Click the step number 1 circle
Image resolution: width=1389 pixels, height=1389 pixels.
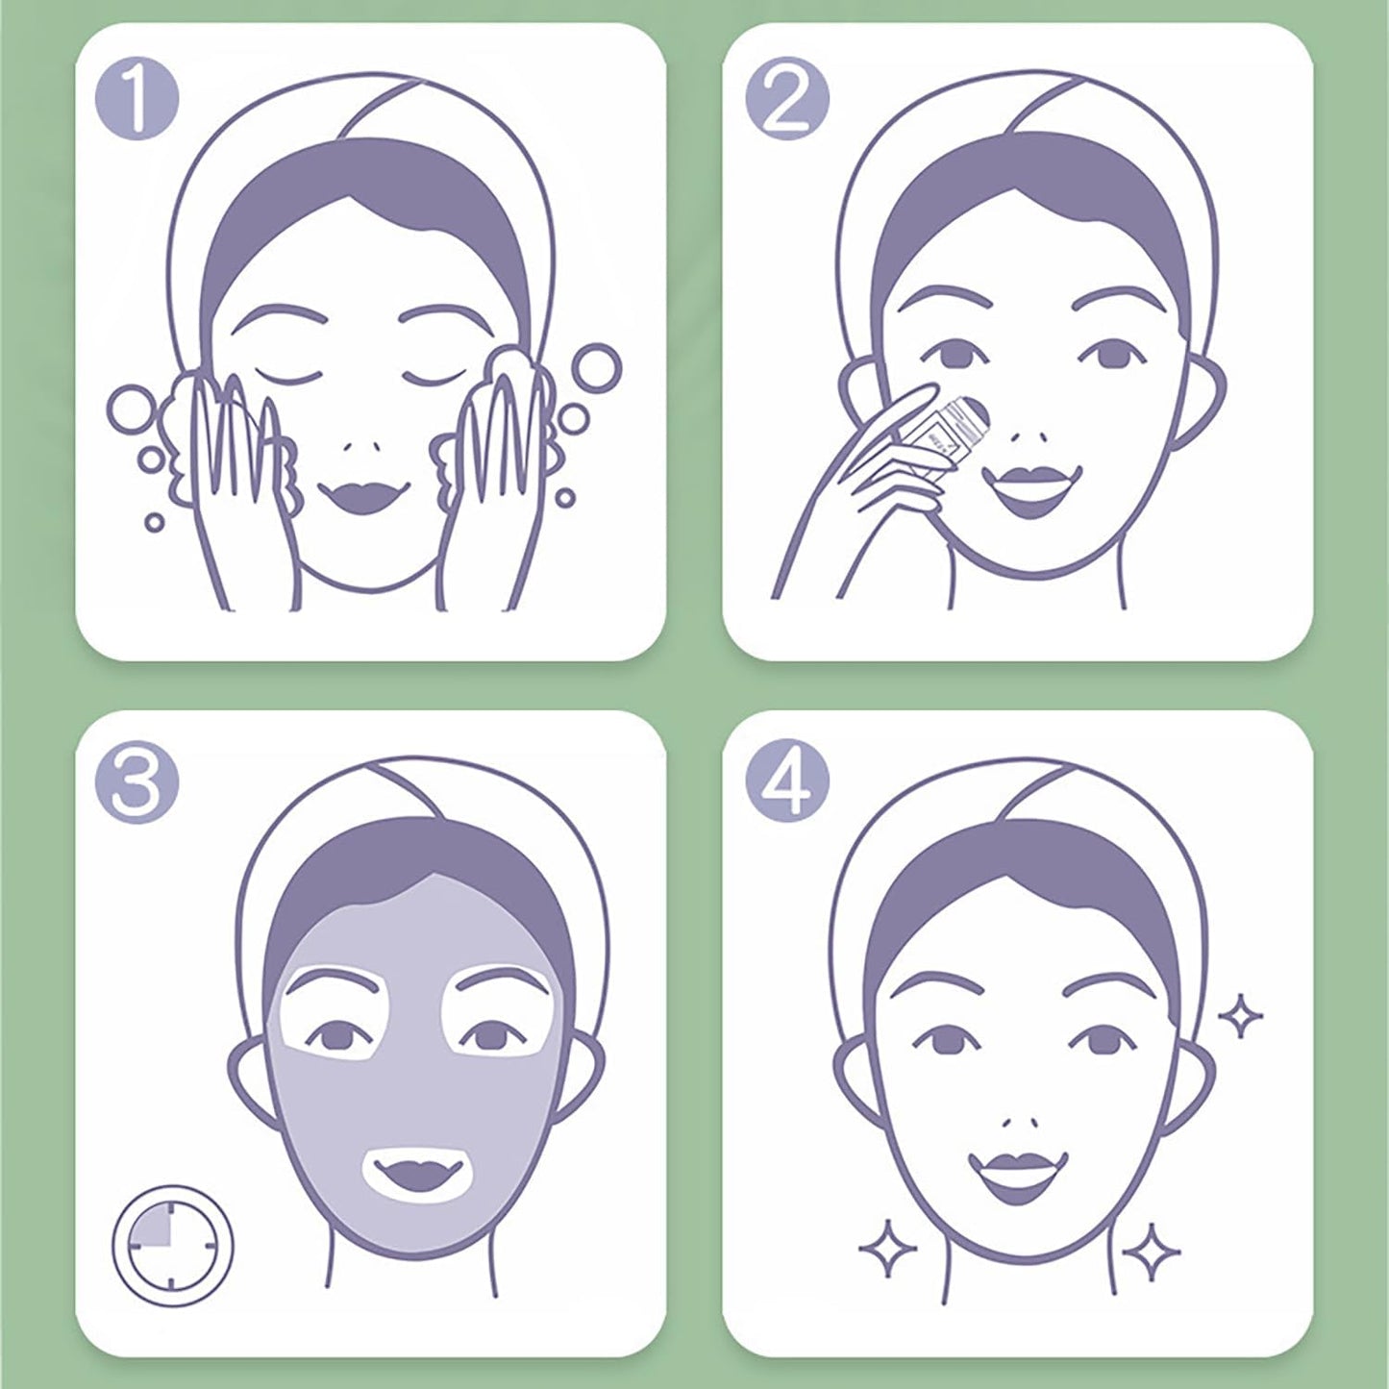[x=137, y=99]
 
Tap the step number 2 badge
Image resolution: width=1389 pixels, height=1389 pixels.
[x=786, y=99]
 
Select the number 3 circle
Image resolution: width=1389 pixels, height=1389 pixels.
[x=136, y=782]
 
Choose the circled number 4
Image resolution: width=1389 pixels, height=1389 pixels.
[x=786, y=782]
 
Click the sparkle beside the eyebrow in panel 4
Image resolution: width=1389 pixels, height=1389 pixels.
[x=1240, y=1015]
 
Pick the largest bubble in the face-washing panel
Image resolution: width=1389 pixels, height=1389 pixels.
[x=132, y=409]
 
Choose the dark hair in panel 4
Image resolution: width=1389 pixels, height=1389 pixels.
[x=1019, y=870]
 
